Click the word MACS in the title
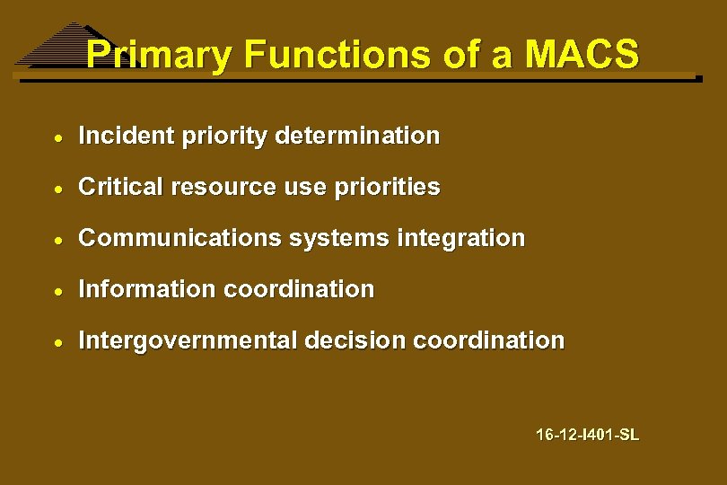tap(582, 55)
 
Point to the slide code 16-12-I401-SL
tap(587, 435)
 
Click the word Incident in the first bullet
tap(126, 136)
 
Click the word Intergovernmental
tap(188, 340)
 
